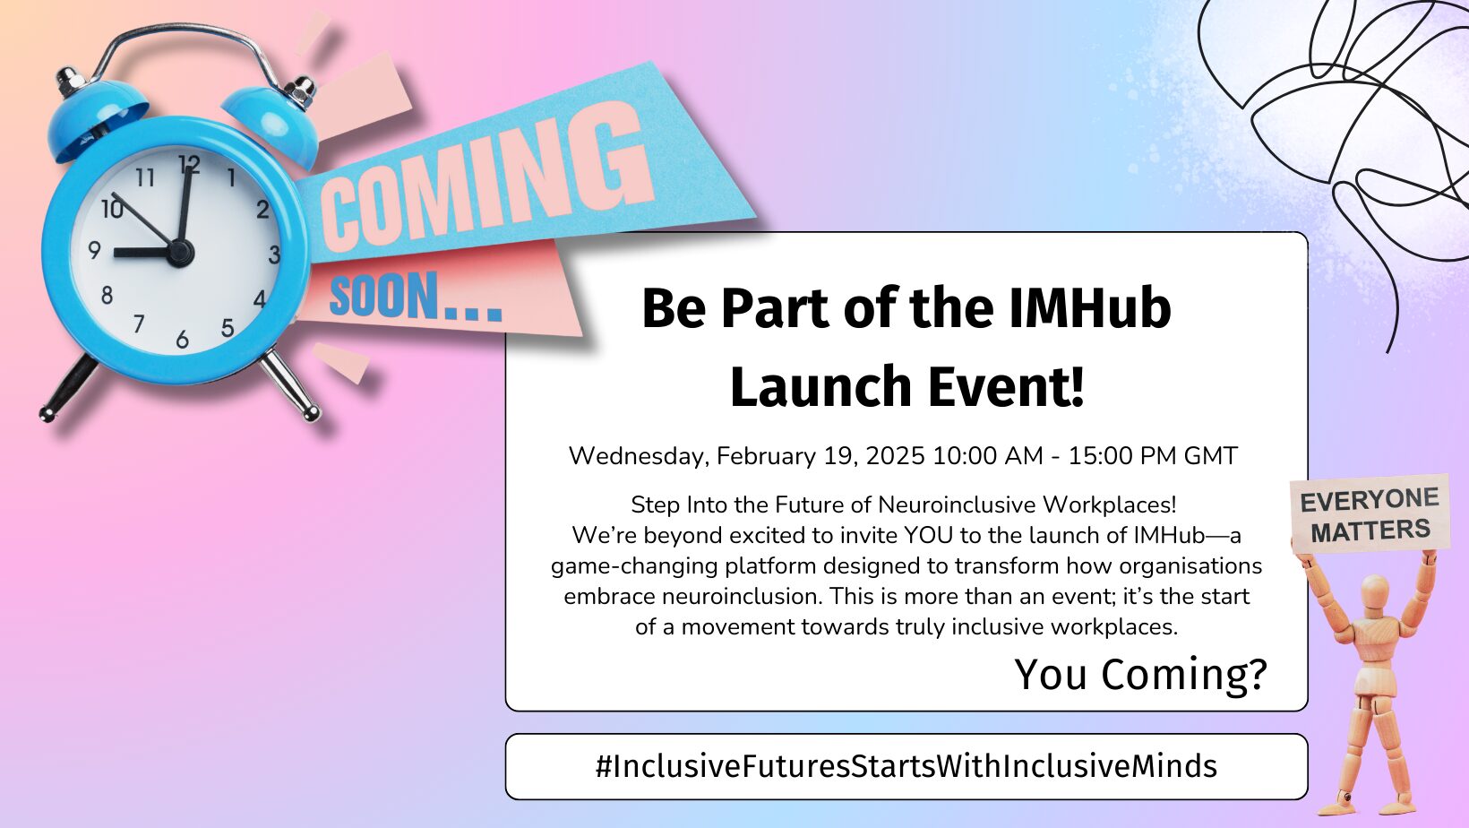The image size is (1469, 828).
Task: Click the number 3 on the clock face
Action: coord(274,254)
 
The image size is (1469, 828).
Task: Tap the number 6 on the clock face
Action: coord(183,340)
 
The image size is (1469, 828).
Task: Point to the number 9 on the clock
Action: coord(94,250)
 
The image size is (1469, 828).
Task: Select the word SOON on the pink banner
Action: coord(383,297)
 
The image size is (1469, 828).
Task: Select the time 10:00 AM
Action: coord(988,456)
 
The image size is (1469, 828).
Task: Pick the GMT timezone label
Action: coord(1211,456)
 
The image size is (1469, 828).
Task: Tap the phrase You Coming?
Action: coord(1140,675)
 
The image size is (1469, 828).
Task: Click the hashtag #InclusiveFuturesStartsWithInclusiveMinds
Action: coord(906,766)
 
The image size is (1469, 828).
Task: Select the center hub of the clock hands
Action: coord(179,253)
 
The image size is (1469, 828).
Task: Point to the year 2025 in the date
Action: coord(895,456)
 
